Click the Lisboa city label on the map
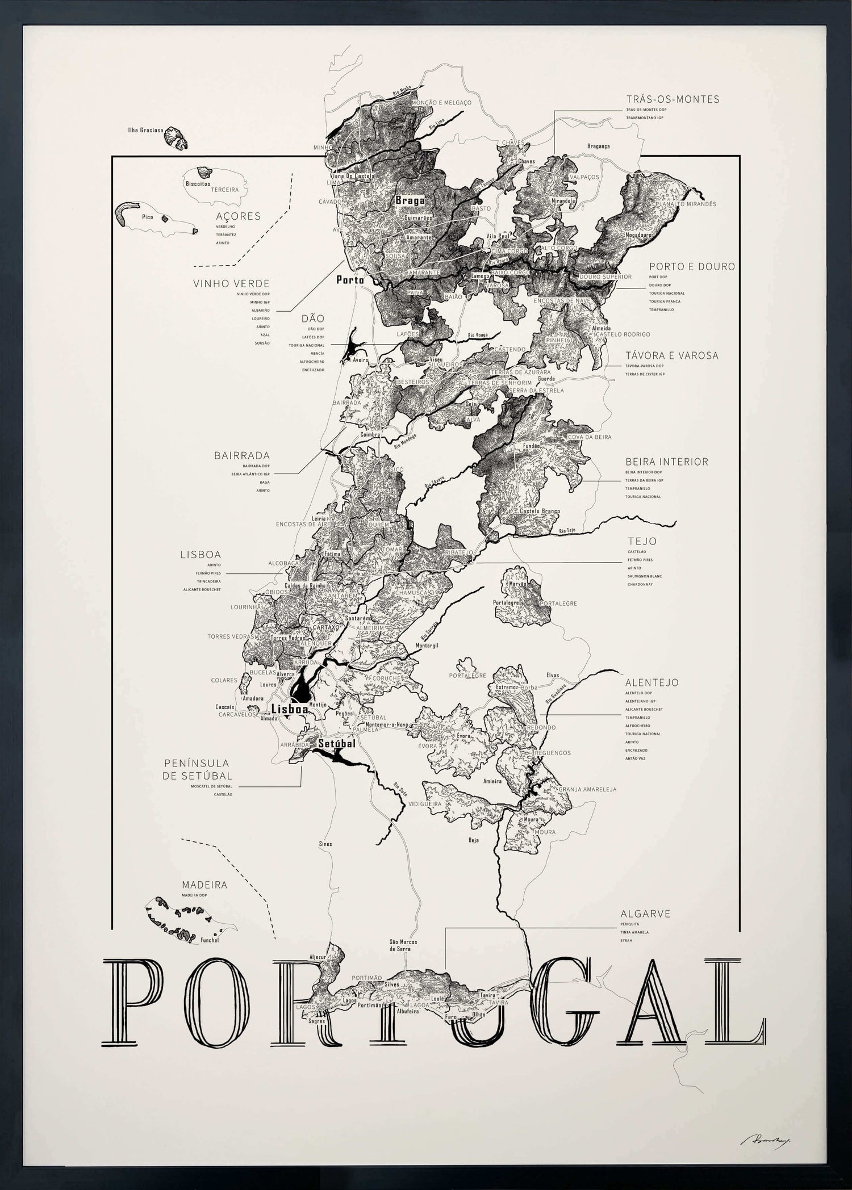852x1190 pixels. (290, 709)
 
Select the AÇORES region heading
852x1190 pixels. (238, 216)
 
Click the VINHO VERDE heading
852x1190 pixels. (231, 283)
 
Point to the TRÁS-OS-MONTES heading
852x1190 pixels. (673, 99)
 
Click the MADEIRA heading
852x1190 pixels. (204, 885)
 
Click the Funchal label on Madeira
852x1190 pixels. (210, 940)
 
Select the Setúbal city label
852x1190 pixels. (337, 743)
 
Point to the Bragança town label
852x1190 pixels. (598, 146)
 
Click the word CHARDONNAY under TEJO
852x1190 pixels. (640, 584)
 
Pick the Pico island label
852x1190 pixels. (147, 216)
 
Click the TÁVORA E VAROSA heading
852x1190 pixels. (671, 356)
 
